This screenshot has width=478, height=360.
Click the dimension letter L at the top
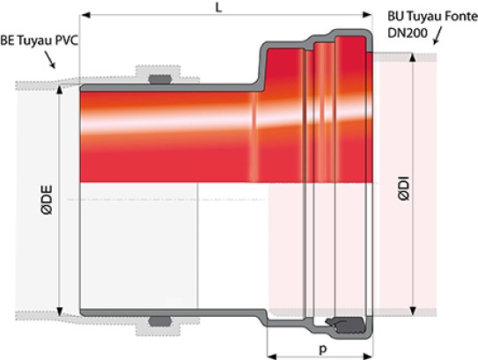coord(218,8)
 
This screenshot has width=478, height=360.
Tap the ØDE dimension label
coord(48,200)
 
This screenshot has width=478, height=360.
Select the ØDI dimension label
coord(404,188)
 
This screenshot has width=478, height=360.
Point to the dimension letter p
coord(323,349)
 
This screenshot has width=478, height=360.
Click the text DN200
coord(408,33)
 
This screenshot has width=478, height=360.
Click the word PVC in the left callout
coord(66,40)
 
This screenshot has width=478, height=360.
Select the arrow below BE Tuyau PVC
coord(50,60)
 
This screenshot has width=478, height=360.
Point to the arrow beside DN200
coord(438,36)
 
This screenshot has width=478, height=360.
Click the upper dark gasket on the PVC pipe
coord(160,79)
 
